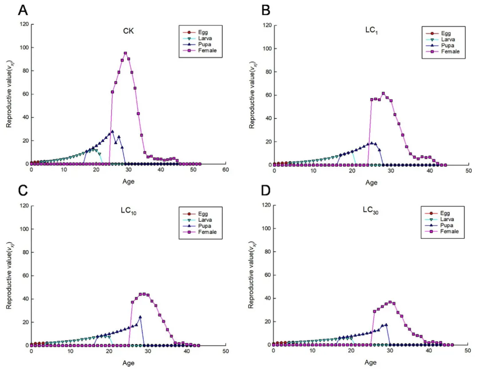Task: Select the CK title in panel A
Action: tap(129, 31)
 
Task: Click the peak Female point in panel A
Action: tap(126, 53)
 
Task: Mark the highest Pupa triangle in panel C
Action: tap(140, 317)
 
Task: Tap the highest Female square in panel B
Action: tap(383, 94)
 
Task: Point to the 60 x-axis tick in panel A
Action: tap(225, 170)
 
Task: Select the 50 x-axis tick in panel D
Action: tap(467, 351)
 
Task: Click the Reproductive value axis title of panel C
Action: tap(9, 275)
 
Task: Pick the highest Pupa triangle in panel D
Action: tap(386, 325)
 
